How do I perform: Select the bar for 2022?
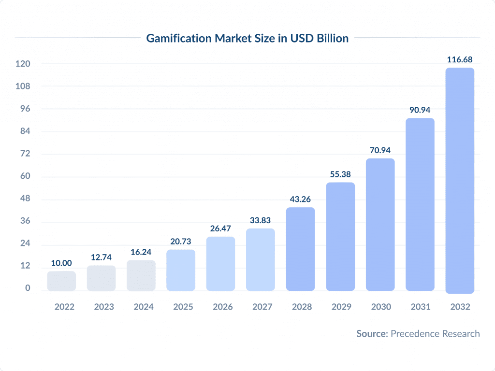coord(61,281)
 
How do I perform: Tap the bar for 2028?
coord(300,249)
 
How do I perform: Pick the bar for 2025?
coord(181,270)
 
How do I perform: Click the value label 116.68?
coord(459,60)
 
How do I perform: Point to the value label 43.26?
coord(300,199)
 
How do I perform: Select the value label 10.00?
coord(61,263)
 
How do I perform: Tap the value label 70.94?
coord(380,150)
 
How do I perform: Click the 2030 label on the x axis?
coord(380,307)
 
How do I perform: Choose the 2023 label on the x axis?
coord(101,307)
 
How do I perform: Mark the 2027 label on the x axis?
coord(261,307)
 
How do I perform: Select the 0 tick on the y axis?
coord(28,288)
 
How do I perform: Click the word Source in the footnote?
coord(372,333)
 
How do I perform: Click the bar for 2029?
coord(340,236)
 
